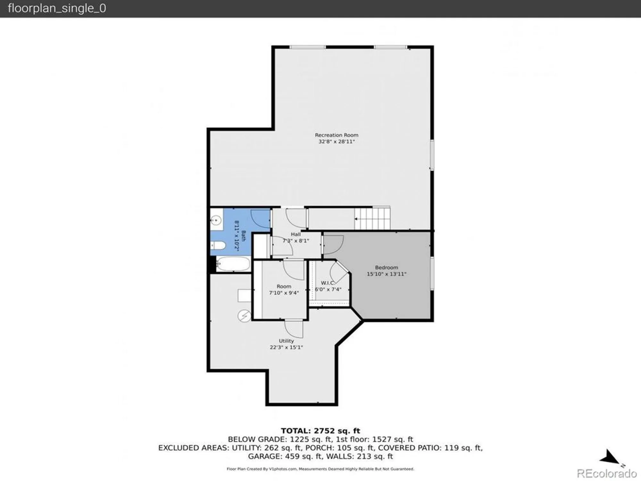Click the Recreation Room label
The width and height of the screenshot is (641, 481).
[337, 135]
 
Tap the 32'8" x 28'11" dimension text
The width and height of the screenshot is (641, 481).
[337, 141]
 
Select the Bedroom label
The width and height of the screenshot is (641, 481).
[387, 267]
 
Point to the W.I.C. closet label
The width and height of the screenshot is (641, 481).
[328, 283]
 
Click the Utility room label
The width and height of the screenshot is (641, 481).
[286, 341]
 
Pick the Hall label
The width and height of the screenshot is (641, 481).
[296, 234]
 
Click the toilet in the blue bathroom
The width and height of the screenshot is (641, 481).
[219, 246]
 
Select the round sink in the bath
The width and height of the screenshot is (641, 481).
[216, 220]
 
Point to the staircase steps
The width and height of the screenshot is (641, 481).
[373, 218]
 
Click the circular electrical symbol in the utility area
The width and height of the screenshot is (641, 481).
[244, 316]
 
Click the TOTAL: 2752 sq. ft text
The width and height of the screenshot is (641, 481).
[320, 431]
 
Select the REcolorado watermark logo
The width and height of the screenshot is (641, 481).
[607, 473]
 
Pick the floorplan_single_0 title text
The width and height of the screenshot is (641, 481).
[57, 8]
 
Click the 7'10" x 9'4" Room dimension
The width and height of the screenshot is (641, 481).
[284, 293]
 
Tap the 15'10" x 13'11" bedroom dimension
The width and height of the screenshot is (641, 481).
[387, 274]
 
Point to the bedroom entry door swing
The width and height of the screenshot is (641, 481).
[333, 244]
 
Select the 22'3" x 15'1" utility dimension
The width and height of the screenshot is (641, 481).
[286, 347]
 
